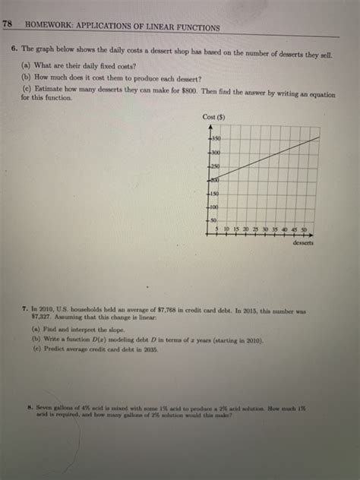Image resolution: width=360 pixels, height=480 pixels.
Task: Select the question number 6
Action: click(x=14, y=47)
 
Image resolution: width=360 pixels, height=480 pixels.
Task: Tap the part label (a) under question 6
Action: click(x=25, y=66)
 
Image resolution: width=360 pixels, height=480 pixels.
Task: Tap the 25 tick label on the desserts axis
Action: click(x=254, y=229)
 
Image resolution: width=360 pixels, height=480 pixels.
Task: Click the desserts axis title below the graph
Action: click(x=302, y=243)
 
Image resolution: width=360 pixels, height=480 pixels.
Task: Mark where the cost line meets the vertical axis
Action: click(x=208, y=180)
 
